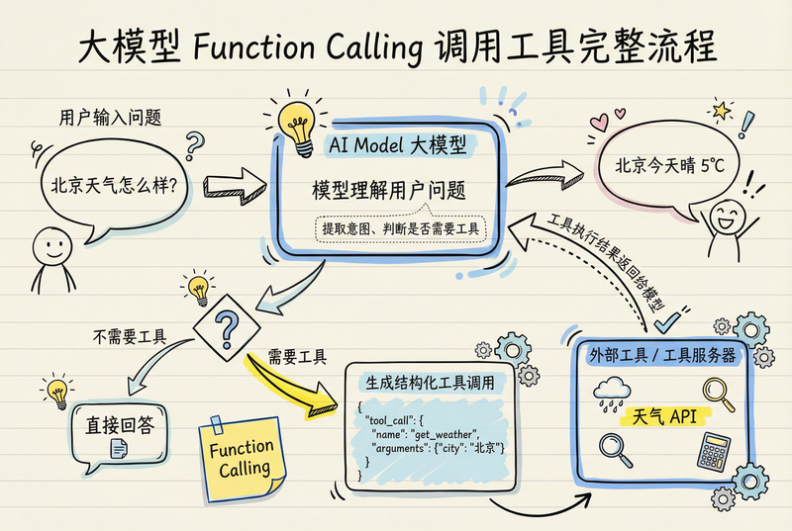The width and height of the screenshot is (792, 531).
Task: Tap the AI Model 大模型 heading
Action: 397,144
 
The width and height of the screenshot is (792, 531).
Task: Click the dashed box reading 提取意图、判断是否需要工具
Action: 399,229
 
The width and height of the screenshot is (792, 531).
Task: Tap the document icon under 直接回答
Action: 119,450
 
